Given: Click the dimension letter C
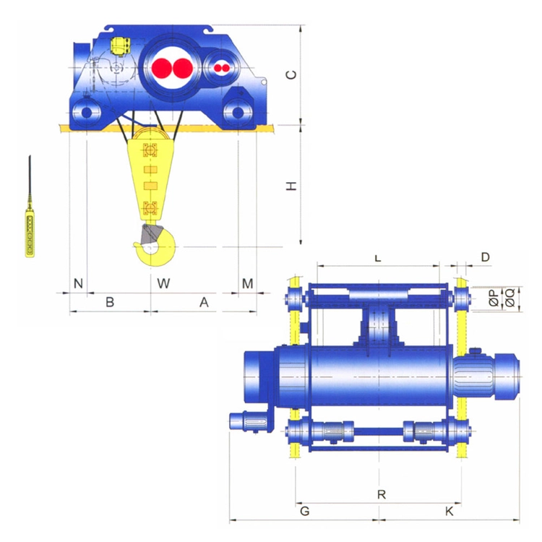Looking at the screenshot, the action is (x=292, y=74).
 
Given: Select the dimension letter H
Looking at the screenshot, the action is (x=291, y=186).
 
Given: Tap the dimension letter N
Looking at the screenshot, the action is (x=79, y=283).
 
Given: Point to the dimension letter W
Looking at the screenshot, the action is (x=163, y=283).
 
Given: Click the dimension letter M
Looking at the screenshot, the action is (x=247, y=283).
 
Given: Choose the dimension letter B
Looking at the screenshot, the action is (x=110, y=302).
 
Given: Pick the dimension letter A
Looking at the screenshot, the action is (x=204, y=302).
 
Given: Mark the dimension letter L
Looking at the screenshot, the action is (x=378, y=258).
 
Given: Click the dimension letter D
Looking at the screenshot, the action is (x=486, y=257).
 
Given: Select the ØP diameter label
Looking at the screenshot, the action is (x=495, y=298).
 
